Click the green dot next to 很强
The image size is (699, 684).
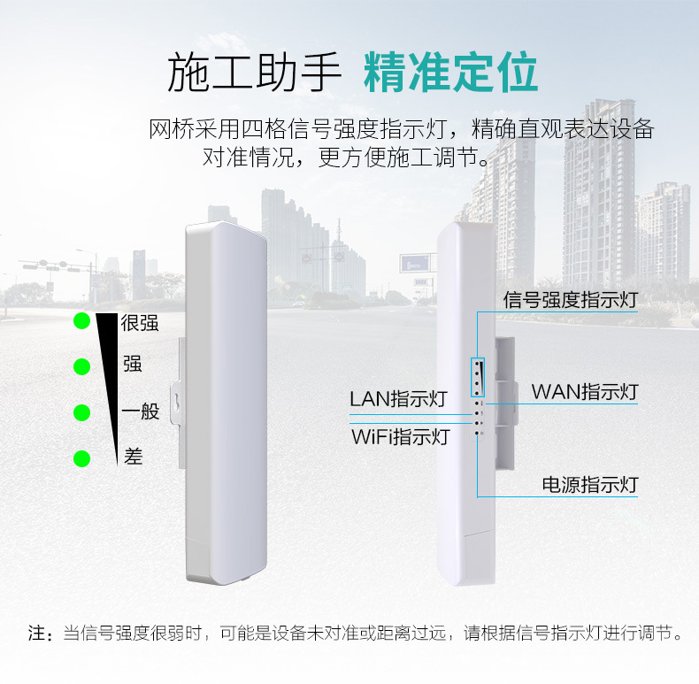pyautogui.click(x=82, y=320)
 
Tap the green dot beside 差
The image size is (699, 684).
pyautogui.click(x=82, y=458)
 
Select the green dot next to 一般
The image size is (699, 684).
pyautogui.click(x=82, y=412)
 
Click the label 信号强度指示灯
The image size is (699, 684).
pyautogui.click(x=570, y=300)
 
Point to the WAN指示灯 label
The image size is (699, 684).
pyautogui.click(x=584, y=391)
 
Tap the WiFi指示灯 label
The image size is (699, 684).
pyautogui.click(x=400, y=436)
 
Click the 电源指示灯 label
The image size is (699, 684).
pyautogui.click(x=589, y=484)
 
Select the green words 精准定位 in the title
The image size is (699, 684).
pyautogui.click(x=450, y=73)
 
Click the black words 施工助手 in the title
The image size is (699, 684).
pyautogui.click(x=254, y=73)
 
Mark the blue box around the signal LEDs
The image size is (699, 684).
pyautogui.click(x=478, y=376)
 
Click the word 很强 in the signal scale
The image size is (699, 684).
pyautogui.click(x=140, y=323)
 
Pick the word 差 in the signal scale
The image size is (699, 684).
pyautogui.click(x=134, y=457)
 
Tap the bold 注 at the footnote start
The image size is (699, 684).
pyautogui.click(x=36, y=634)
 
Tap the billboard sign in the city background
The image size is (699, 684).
pyautogui.click(x=417, y=263)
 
